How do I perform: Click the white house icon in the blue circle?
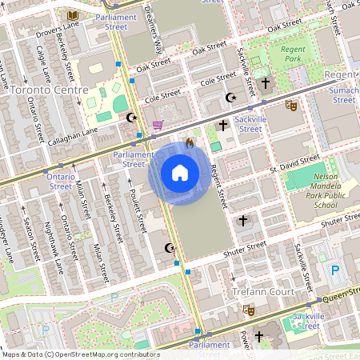179,173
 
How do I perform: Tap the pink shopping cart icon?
158,125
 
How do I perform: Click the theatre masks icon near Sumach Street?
292,104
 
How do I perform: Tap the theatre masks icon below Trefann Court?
249,309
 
